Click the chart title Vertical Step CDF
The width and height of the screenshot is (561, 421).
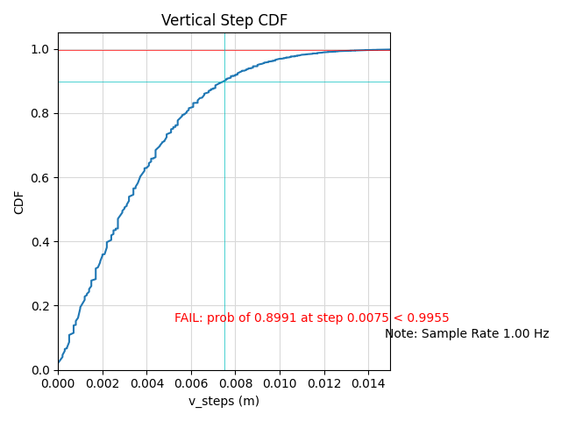[x=224, y=20]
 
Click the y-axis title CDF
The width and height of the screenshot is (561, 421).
[x=19, y=202]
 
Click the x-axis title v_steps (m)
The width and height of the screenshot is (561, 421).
[x=224, y=401]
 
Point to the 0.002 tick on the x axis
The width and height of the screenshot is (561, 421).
[x=103, y=383]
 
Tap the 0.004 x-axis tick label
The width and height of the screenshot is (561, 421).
[x=146, y=383]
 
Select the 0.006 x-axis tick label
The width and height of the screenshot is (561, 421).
[x=191, y=383]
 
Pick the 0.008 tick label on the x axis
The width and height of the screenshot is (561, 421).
[x=235, y=383]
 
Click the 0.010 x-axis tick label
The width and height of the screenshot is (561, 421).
[x=280, y=383]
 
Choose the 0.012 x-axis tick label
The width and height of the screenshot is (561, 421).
[x=323, y=383]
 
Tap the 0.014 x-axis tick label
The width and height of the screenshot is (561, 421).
[x=368, y=383]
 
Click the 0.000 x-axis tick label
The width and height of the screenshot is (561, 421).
[x=58, y=383]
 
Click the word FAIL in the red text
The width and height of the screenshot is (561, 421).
[x=188, y=318]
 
